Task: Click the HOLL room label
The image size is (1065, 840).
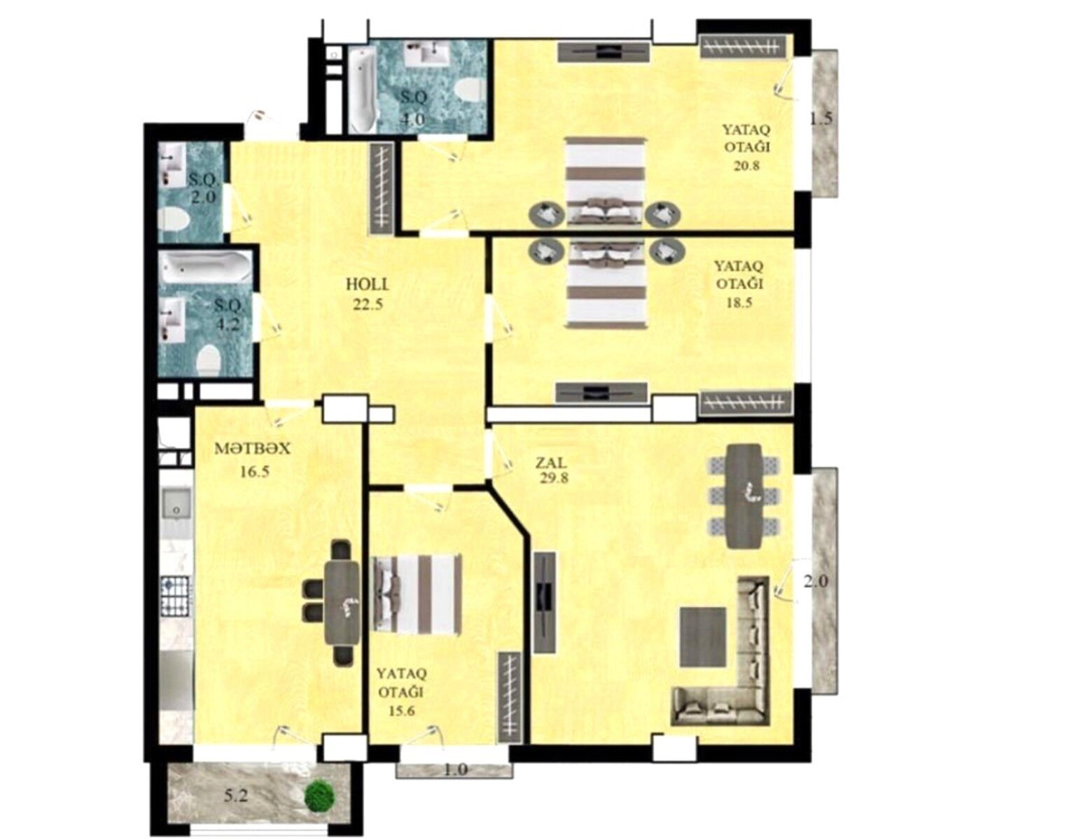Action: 367,284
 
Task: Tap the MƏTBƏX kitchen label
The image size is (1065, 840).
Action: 251,449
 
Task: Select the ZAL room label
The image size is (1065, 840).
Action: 552,463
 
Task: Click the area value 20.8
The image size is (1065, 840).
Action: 746,166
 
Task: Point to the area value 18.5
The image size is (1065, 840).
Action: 739,302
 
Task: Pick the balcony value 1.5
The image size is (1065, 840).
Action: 821,119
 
